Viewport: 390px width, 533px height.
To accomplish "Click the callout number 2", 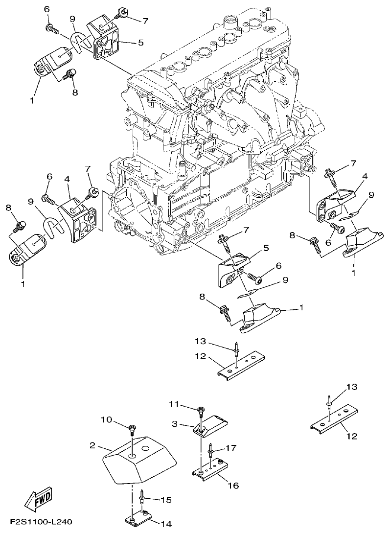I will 92,446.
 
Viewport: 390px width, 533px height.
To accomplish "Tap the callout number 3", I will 175,423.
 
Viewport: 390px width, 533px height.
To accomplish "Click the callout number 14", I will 167,524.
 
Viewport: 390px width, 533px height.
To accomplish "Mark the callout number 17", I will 230,447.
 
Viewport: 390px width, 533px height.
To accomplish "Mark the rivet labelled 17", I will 210,448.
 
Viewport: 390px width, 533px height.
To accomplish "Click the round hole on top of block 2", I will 146,448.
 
